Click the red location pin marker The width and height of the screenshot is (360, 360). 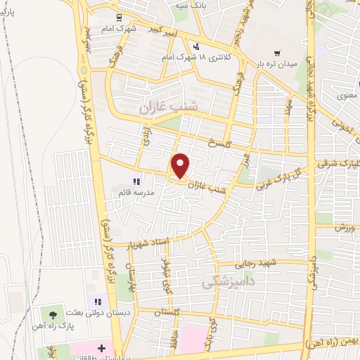tap(181, 166)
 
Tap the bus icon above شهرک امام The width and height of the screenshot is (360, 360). tap(118, 18)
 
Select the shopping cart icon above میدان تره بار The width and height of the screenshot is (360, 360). tap(278, 53)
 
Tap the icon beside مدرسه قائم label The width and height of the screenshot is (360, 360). tap(136, 181)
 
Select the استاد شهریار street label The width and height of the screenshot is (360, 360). tap(148, 244)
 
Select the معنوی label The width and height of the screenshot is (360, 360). tap(347, 94)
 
